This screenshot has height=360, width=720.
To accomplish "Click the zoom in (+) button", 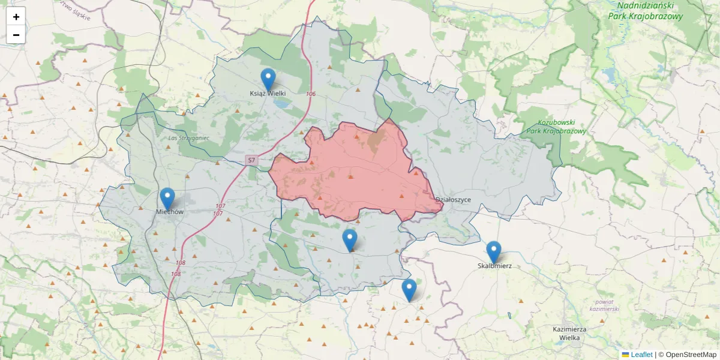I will [x=16, y=17].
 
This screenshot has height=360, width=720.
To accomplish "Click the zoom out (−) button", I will [x=16, y=35].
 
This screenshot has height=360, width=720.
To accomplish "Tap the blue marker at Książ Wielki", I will [x=268, y=79].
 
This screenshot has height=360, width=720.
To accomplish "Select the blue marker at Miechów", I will [x=167, y=199].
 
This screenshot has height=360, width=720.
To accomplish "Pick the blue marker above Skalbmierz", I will [x=494, y=252].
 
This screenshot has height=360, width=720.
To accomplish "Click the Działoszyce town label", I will [x=453, y=199].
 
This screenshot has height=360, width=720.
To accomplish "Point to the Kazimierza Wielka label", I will [x=570, y=333].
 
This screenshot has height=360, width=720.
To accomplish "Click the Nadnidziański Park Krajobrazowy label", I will [x=646, y=11].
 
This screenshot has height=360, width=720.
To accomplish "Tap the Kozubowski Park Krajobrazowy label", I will [x=556, y=125].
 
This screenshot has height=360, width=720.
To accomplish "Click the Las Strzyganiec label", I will [x=188, y=137].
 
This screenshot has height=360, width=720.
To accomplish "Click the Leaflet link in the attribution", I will [x=641, y=355].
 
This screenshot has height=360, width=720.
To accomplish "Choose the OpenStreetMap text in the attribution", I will [x=691, y=355].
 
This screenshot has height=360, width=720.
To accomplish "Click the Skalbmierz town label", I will [x=494, y=266].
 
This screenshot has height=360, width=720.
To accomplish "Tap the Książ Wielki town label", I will [x=268, y=94].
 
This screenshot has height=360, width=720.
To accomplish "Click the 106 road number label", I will [x=310, y=94].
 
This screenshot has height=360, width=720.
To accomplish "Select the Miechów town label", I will [x=169, y=212].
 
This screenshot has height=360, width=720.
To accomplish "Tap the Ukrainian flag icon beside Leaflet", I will [x=625, y=355].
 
